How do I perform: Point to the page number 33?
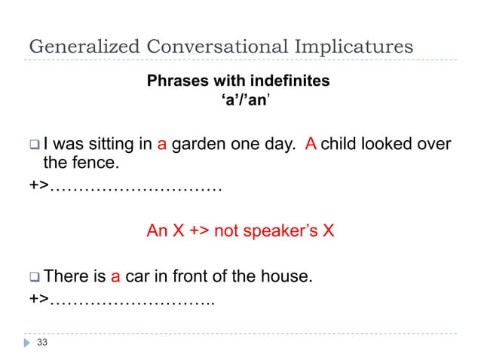click(x=41, y=343)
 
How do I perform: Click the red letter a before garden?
click(x=162, y=144)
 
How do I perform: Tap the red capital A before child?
click(x=310, y=144)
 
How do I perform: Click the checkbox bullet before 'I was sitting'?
click(x=34, y=145)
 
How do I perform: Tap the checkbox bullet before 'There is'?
click(x=34, y=277)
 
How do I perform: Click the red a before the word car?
click(x=116, y=276)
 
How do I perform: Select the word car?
click(x=137, y=276)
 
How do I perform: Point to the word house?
click(x=283, y=276)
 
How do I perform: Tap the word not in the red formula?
click(x=226, y=230)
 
